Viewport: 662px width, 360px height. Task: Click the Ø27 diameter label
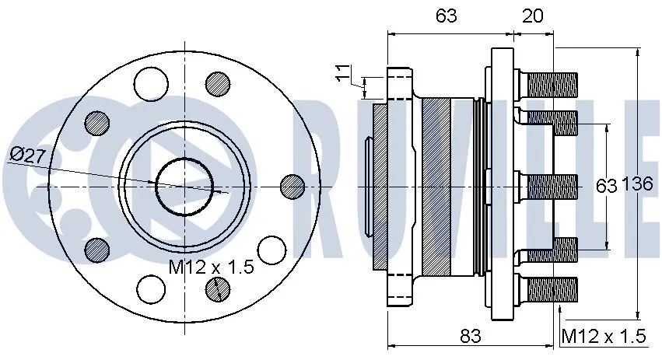point(29,155)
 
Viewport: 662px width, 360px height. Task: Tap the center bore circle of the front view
point(184,186)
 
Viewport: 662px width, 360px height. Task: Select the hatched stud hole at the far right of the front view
point(292,186)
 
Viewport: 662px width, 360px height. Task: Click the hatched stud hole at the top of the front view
point(217,84)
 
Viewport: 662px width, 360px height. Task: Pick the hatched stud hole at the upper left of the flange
point(97,122)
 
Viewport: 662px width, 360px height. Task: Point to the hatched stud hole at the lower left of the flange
point(97,249)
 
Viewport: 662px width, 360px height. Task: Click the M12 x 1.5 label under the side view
point(604,336)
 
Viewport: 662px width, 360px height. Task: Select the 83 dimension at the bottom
point(469,336)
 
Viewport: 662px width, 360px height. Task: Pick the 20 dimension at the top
point(533,16)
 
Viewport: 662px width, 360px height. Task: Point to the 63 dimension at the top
point(446,16)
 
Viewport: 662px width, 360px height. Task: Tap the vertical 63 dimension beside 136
point(606,185)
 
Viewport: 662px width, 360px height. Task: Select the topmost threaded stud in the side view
point(548,80)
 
